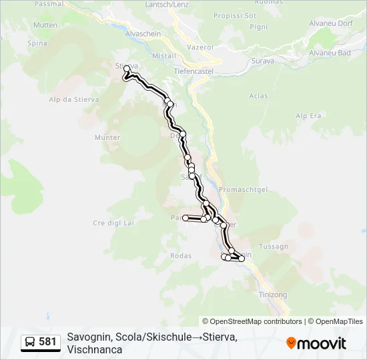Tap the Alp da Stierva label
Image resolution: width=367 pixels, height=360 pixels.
[70, 99]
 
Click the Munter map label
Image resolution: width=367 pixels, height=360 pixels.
[107, 138]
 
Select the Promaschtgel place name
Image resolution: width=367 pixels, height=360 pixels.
[243, 189]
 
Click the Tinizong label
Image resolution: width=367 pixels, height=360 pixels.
[272, 294]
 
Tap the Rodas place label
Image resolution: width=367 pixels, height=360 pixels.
[181, 255]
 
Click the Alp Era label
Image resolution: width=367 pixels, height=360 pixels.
[308, 116]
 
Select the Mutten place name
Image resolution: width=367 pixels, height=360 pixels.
[45, 25]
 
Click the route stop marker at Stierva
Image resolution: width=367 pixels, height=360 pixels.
[127, 69]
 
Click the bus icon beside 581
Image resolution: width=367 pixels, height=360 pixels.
[29, 342]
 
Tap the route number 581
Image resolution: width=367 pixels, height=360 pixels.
[47, 342]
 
